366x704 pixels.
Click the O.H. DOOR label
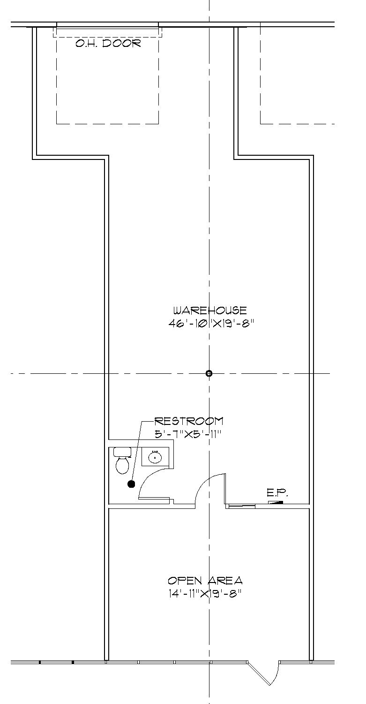pyautogui.click(x=108, y=44)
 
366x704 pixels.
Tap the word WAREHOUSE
pyautogui.click(x=209, y=310)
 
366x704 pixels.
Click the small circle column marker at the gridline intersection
pyautogui.click(x=209, y=373)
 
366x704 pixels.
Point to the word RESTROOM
pyautogui.click(x=189, y=421)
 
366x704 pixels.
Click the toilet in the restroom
pyautogui.click(x=122, y=464)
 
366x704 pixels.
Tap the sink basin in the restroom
pyautogui.click(x=155, y=456)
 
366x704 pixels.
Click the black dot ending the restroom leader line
pyautogui.click(x=131, y=484)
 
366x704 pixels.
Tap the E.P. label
pyautogui.click(x=277, y=492)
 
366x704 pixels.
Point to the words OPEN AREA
pyautogui.click(x=205, y=581)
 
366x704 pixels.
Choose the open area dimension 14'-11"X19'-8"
pyautogui.click(x=205, y=593)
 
